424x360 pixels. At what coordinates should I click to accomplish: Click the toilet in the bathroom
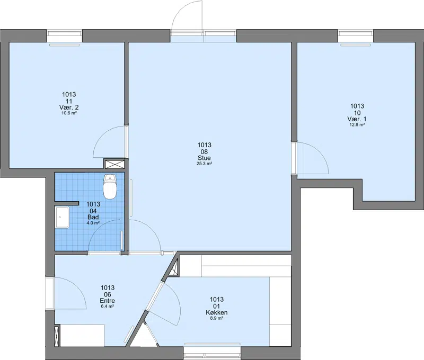pos(110,186)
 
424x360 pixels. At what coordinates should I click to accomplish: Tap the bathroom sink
pos(62,217)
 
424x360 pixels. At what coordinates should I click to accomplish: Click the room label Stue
pos(204,158)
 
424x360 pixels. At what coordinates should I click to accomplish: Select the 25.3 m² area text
pos(204,164)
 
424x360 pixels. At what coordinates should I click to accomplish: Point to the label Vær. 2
pos(69,107)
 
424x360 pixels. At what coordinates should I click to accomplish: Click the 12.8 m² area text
pos(357,125)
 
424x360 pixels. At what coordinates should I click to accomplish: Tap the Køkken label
pos(217,312)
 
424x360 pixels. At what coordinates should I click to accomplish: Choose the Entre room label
pos(108,301)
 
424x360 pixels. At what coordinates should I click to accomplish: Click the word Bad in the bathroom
pos(93,217)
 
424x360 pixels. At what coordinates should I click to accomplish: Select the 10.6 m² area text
pos(69,113)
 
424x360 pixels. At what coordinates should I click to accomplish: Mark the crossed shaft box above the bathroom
pos(114,165)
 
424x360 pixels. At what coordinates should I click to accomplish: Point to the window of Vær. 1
pos(356,36)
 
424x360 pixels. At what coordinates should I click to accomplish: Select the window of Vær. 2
pos(64,36)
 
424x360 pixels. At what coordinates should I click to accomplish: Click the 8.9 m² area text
pos(217,318)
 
